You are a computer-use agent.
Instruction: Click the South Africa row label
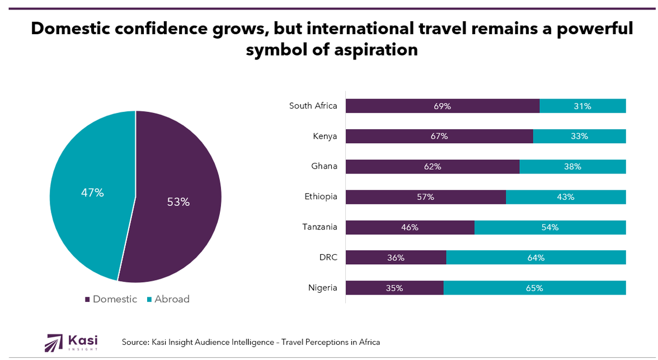point(313,105)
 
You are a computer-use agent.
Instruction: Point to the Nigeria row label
point(322,288)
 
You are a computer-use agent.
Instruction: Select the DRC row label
point(328,258)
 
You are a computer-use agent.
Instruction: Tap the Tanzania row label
point(319,227)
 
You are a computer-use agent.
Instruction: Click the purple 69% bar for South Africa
point(442,106)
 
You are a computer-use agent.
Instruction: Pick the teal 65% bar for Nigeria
point(534,288)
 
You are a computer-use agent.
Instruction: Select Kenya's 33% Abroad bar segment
point(579,136)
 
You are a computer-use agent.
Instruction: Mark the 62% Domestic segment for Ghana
point(433,166)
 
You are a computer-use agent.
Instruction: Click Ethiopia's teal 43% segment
point(566,197)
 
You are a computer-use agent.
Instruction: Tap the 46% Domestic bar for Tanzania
point(410,227)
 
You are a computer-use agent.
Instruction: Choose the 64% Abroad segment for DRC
point(536,258)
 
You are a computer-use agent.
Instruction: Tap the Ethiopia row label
point(321,197)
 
